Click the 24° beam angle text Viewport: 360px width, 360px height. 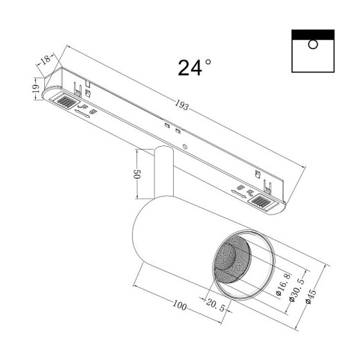195,67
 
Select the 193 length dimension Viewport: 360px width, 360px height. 181,106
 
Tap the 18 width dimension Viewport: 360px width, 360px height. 46,60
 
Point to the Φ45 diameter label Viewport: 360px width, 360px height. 312,296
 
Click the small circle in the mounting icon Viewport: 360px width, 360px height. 313,45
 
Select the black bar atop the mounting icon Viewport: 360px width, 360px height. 313,34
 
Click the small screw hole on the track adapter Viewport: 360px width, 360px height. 185,147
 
